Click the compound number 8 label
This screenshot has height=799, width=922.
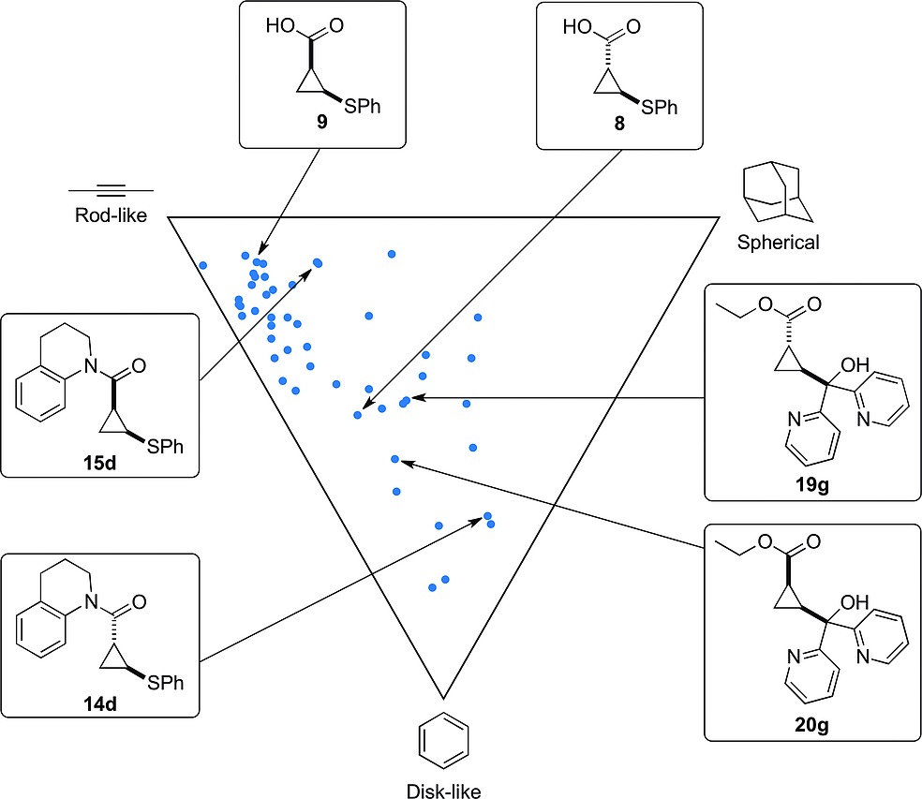[618, 125]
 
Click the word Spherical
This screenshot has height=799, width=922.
[778, 243]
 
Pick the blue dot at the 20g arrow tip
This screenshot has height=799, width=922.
[395, 459]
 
